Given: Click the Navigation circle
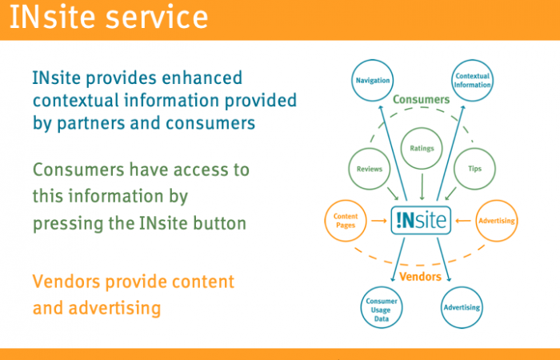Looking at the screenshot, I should (x=372, y=81).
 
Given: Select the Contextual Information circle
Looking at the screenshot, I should (x=472, y=81).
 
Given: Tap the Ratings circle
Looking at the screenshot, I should (x=422, y=149).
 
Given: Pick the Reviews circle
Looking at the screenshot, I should (x=368, y=169).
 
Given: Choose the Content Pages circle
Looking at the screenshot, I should (x=346, y=220).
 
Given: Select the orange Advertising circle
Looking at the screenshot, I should (x=496, y=220).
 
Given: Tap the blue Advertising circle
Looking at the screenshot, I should (x=462, y=307).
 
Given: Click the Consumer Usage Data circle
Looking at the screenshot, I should (x=381, y=307).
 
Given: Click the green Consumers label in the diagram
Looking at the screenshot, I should (x=421, y=99).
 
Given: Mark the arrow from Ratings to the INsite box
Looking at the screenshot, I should (x=422, y=189).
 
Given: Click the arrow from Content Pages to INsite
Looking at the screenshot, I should (x=378, y=220).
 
